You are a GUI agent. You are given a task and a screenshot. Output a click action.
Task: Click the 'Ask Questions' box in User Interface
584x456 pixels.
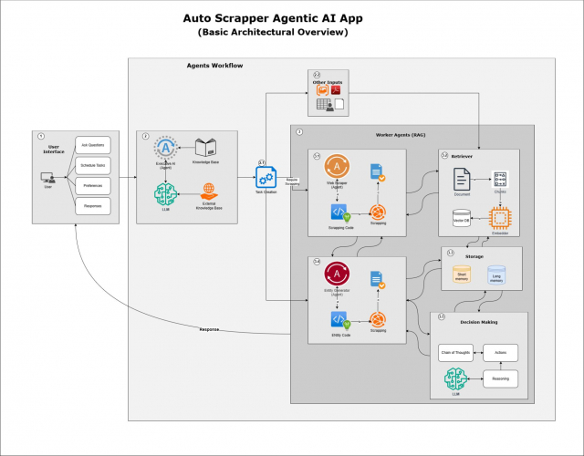point(91,145)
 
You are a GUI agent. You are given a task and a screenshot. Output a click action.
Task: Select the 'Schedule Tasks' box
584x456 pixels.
point(91,165)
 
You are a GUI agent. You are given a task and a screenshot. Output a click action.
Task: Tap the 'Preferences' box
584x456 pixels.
point(91,186)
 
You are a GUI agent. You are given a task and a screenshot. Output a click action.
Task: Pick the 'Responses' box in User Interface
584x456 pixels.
point(91,207)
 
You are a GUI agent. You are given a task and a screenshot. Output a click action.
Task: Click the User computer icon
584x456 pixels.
point(48,178)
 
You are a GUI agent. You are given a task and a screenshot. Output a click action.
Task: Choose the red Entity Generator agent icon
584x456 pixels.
point(338,275)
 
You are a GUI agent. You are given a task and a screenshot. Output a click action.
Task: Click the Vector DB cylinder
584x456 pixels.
point(461,216)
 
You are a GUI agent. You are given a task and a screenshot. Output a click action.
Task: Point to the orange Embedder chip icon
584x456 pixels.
point(499,217)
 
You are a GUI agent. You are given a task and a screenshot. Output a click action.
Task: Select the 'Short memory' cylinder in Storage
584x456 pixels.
point(462,274)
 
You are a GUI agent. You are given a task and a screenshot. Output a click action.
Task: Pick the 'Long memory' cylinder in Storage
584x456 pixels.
point(495,274)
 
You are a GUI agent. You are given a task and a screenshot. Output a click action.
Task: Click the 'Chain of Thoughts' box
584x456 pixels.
point(455,352)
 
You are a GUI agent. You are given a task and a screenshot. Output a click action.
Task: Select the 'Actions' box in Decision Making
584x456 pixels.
point(501,352)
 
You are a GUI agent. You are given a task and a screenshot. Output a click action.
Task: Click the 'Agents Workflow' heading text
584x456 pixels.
point(214,66)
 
